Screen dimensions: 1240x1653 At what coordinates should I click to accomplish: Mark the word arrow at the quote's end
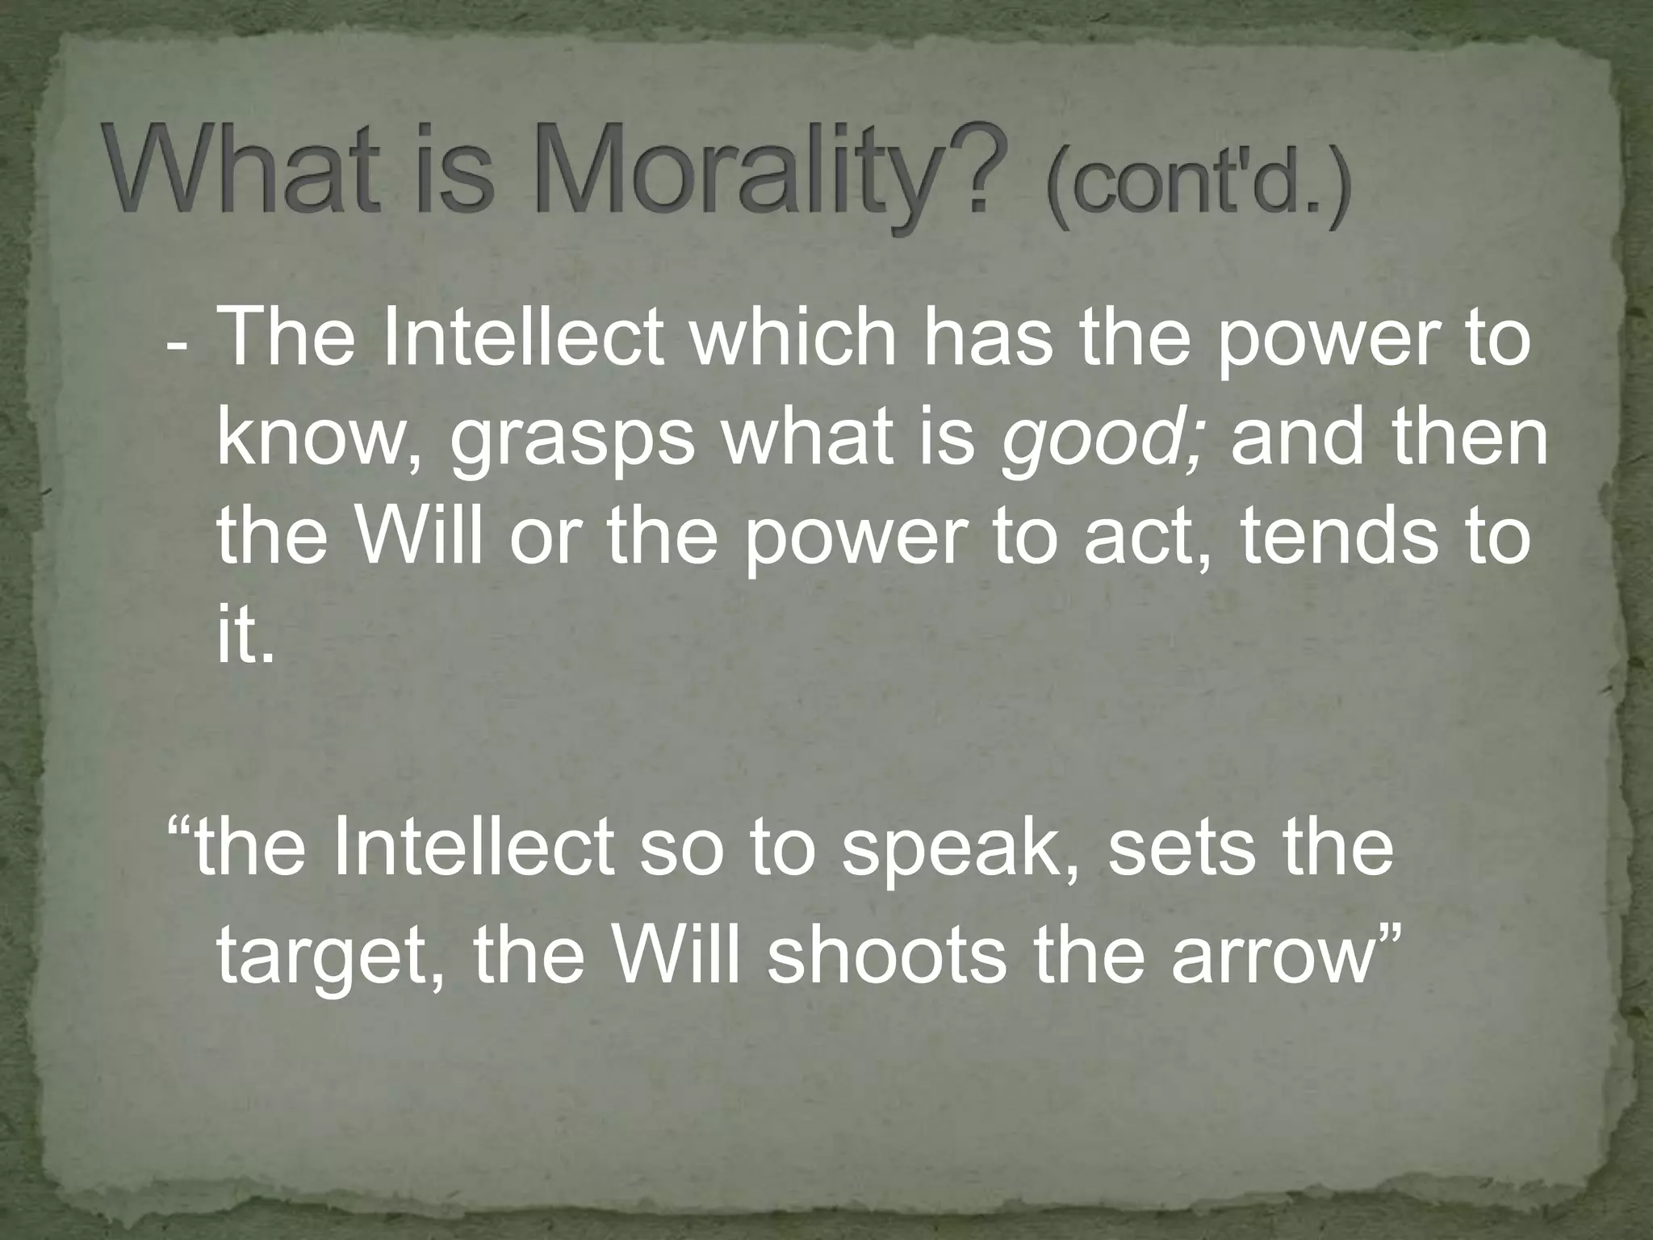pos(1268,956)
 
